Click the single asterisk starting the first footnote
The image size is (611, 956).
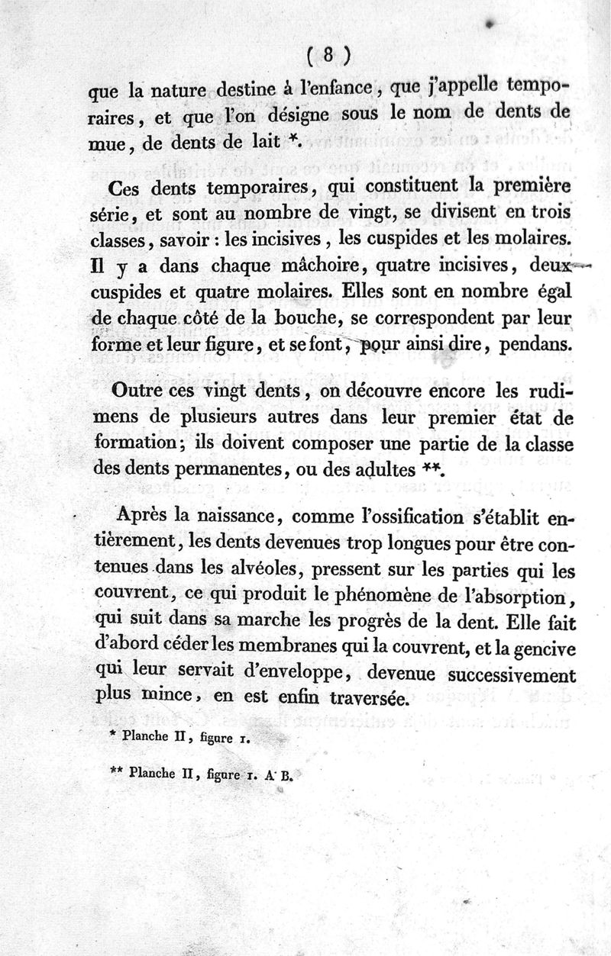(x=112, y=737)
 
